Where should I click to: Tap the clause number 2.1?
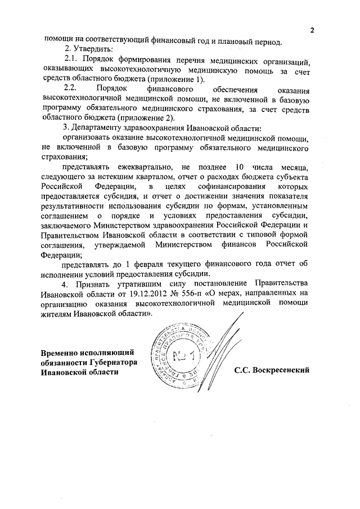pos(71,60)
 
